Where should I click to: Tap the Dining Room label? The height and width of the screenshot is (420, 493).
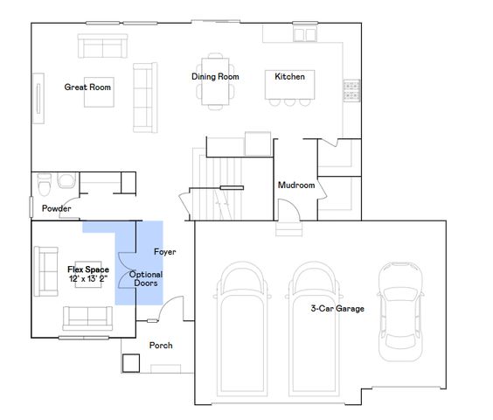pos(215,77)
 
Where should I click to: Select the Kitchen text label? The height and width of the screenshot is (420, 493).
pos(289,77)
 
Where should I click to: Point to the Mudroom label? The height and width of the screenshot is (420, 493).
pos(295,185)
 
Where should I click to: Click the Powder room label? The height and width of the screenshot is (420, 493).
pos(56,208)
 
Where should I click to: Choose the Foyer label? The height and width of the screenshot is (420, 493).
pos(165,252)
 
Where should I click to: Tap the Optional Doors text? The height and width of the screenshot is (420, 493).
pos(146,278)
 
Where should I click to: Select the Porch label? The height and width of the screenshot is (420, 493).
pos(161,346)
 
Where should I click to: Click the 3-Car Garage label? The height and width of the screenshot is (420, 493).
pos(337,308)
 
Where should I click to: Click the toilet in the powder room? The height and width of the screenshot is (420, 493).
pos(63,183)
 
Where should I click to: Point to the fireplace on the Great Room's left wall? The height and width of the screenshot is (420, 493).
pos(38,95)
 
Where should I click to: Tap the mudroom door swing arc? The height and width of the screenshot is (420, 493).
pos(287,209)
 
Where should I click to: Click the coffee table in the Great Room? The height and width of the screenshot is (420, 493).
pos(98,94)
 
